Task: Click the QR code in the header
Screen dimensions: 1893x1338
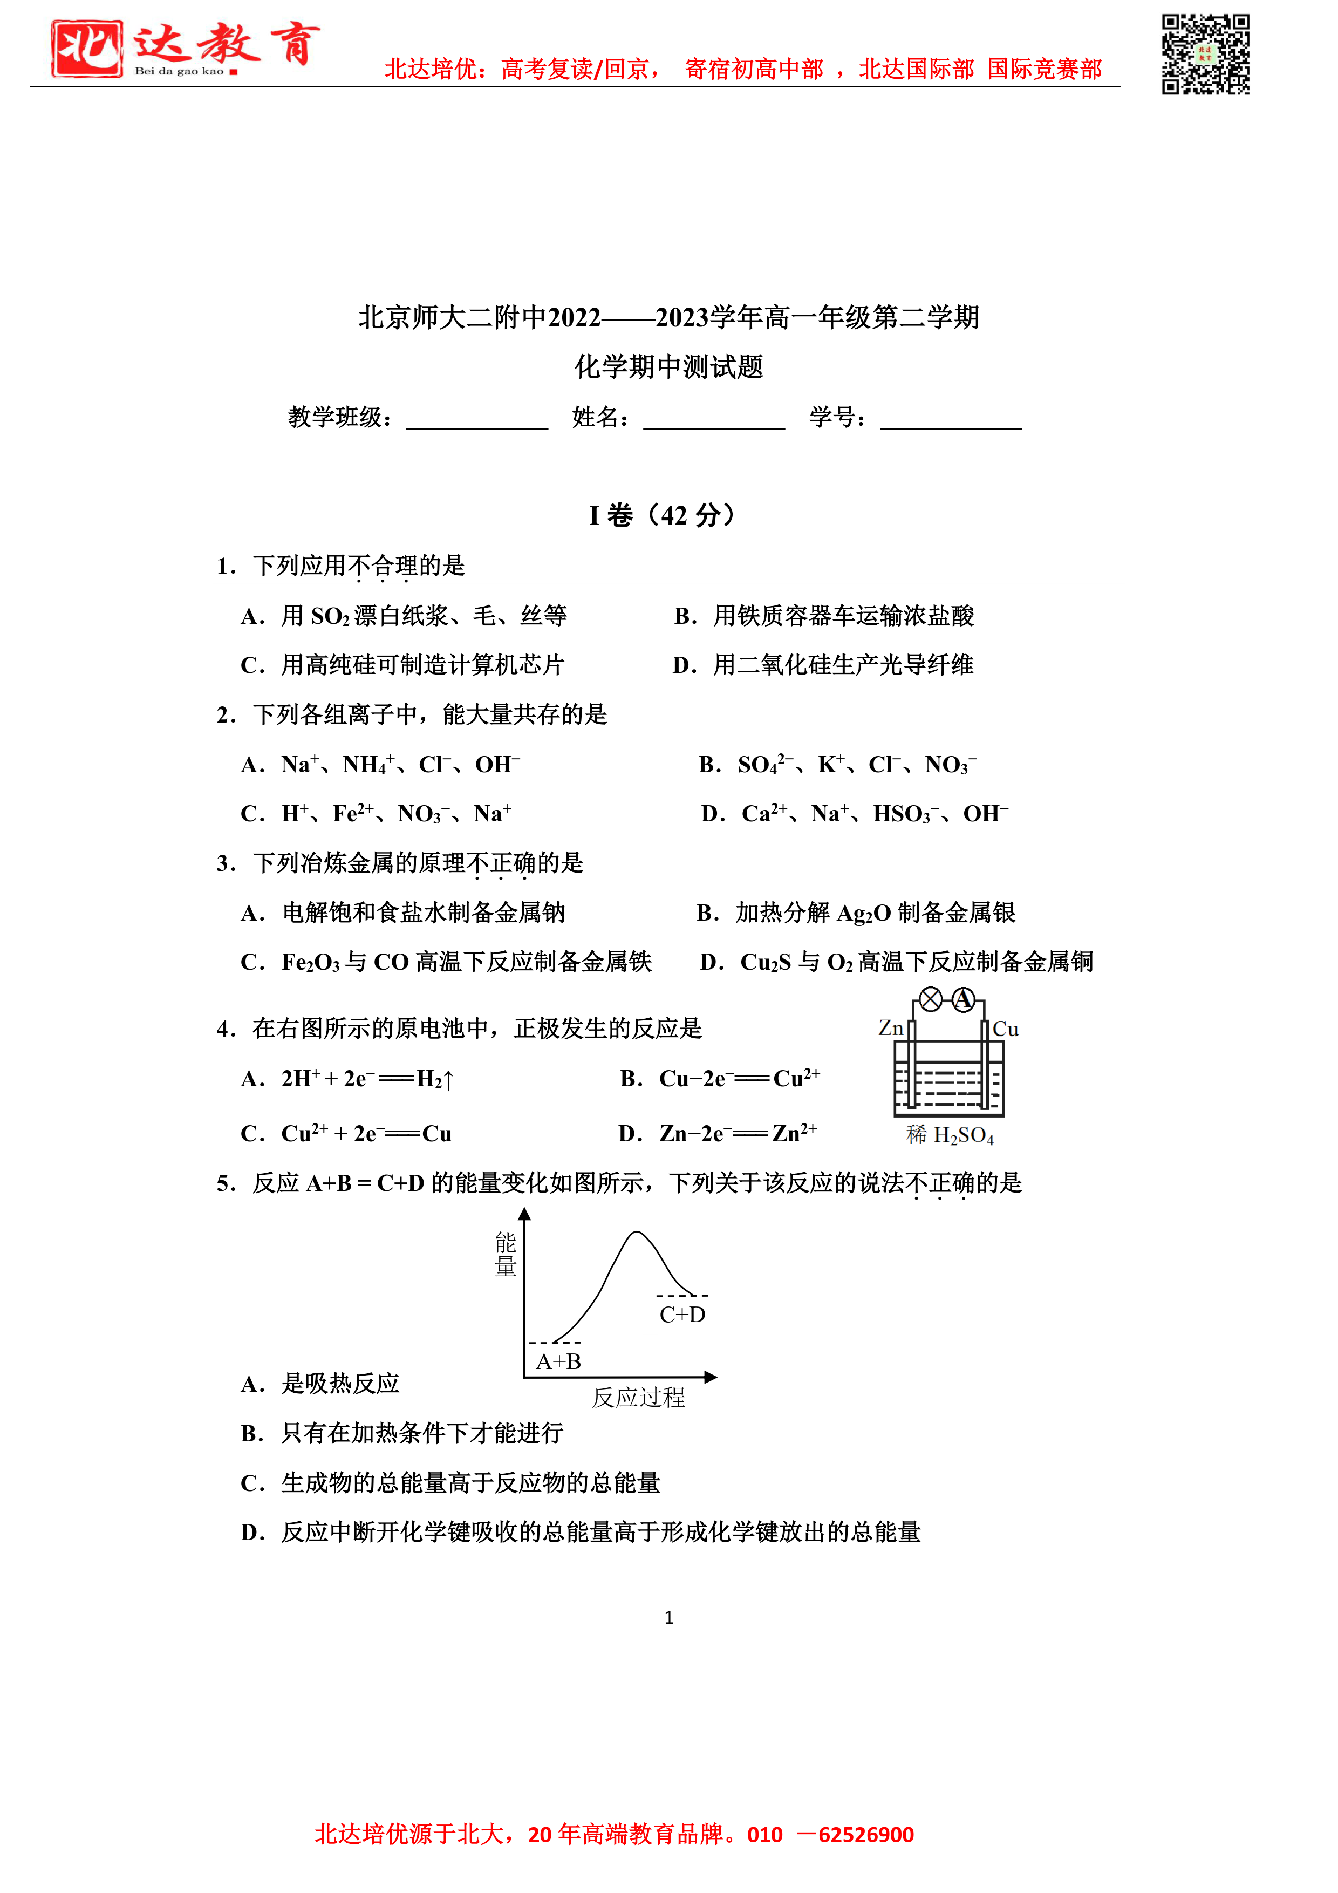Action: [x=1205, y=55]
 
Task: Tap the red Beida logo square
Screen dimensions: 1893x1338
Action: [x=86, y=49]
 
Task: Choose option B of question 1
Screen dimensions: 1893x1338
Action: [x=824, y=616]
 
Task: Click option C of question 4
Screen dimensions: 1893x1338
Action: [x=346, y=1134]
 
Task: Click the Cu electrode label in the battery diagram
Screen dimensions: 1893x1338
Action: [x=1006, y=1029]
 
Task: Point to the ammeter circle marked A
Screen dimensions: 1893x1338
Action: [x=963, y=1000]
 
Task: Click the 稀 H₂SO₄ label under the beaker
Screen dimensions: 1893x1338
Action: [x=950, y=1136]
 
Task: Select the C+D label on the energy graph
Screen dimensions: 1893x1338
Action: [x=682, y=1314]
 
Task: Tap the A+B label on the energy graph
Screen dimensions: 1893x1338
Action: [x=558, y=1361]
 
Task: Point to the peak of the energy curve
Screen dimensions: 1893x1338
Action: [x=637, y=1233]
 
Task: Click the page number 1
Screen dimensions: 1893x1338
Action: [x=668, y=1618]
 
